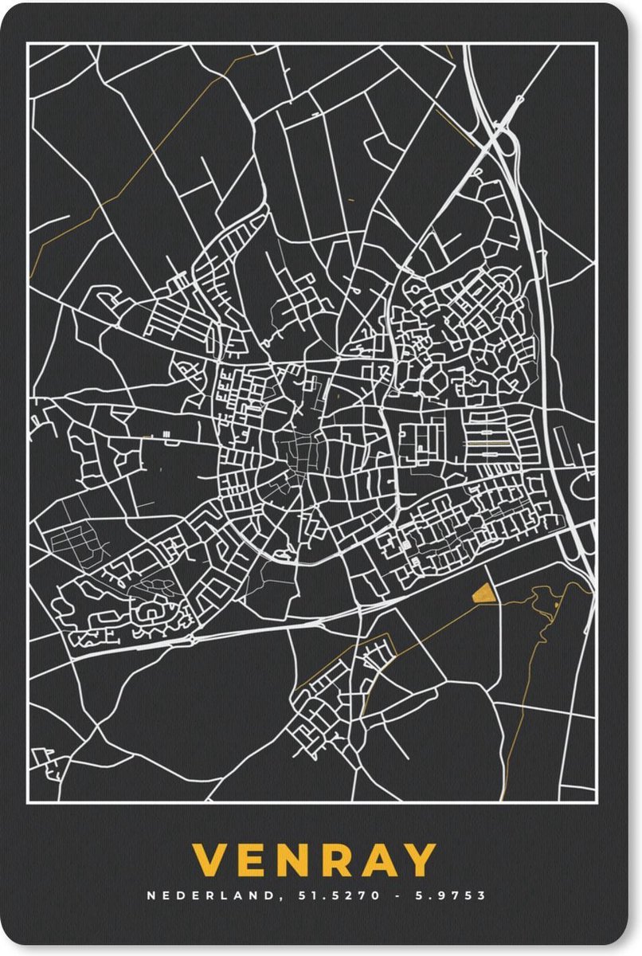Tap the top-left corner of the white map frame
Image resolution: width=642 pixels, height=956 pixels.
click(x=29, y=45)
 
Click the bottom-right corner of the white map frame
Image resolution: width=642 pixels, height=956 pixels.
click(x=595, y=800)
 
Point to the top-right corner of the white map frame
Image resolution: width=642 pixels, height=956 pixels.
click(x=595, y=45)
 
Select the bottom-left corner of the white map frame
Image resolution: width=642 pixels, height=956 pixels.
click(x=29, y=800)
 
